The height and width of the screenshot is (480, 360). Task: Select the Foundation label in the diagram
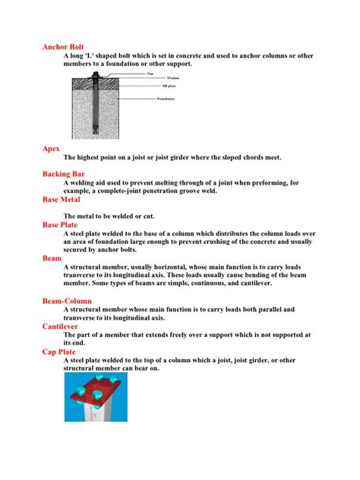tap(166, 99)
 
